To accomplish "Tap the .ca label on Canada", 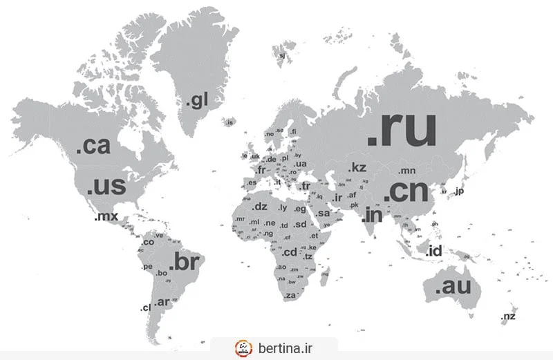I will point(93,146).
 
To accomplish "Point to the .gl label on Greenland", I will point(196,102).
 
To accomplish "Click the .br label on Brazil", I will point(184,263).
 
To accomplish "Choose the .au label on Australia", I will point(453,287).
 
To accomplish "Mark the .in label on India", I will point(372,215).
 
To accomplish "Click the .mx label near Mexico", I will point(106,217).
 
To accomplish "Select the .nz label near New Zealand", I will point(508,316).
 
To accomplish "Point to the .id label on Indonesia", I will point(434,250).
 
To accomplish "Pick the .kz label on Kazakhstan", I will point(357,167).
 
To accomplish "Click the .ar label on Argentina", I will point(162,302).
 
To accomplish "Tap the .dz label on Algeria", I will point(259,207).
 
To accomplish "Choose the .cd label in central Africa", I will point(288,252).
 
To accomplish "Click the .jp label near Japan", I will point(458,191).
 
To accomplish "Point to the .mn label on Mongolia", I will point(406,170).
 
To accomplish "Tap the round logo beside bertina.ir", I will point(244,347).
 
